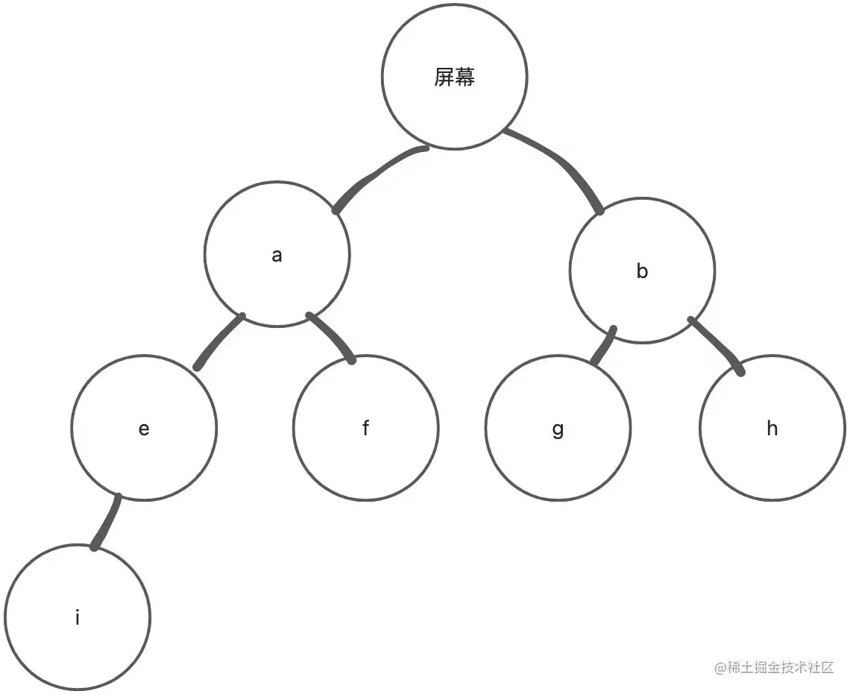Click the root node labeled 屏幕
(x=454, y=77)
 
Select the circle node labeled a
(x=277, y=255)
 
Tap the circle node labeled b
(x=642, y=271)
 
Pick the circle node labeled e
(x=144, y=428)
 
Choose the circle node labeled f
(x=365, y=428)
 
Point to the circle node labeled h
(x=772, y=428)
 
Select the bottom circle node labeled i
(x=78, y=617)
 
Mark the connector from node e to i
(x=106, y=522)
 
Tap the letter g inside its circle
(x=558, y=430)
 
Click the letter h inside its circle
(x=772, y=428)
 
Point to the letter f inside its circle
(x=365, y=428)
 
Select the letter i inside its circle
(x=78, y=617)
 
